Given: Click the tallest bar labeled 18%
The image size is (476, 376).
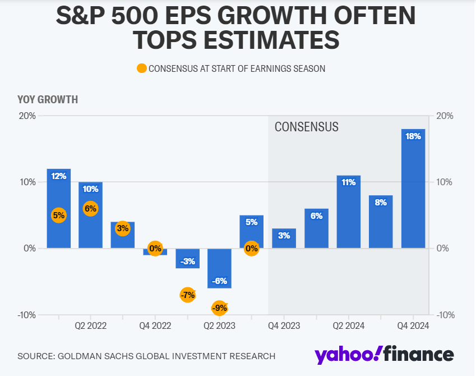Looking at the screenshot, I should pos(413,189).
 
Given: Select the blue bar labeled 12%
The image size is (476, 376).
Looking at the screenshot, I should pos(59,208).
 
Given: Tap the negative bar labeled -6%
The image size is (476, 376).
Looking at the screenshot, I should pos(219,268).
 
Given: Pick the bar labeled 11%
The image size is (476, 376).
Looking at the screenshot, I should pos(349,212).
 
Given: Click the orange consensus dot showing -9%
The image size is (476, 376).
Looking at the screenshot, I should pos(219,308).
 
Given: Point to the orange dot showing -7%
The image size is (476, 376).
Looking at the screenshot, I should pos(187,295).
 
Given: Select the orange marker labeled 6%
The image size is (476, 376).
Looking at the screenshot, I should pos(90,209).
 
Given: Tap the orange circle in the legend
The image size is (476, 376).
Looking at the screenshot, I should pos(141,68).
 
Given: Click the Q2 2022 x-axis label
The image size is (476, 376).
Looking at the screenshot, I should pos(90,325).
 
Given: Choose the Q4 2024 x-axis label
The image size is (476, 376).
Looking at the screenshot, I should pos(413,325).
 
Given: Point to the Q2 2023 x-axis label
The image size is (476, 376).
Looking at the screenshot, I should pos(219,325).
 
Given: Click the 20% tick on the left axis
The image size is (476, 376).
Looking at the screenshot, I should pos(26,116).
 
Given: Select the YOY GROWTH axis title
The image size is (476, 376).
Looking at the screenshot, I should pos(48,100).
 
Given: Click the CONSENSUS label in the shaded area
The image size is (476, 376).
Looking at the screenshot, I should pos(306,127).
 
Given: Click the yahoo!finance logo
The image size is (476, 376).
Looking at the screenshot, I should pos(384,355).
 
